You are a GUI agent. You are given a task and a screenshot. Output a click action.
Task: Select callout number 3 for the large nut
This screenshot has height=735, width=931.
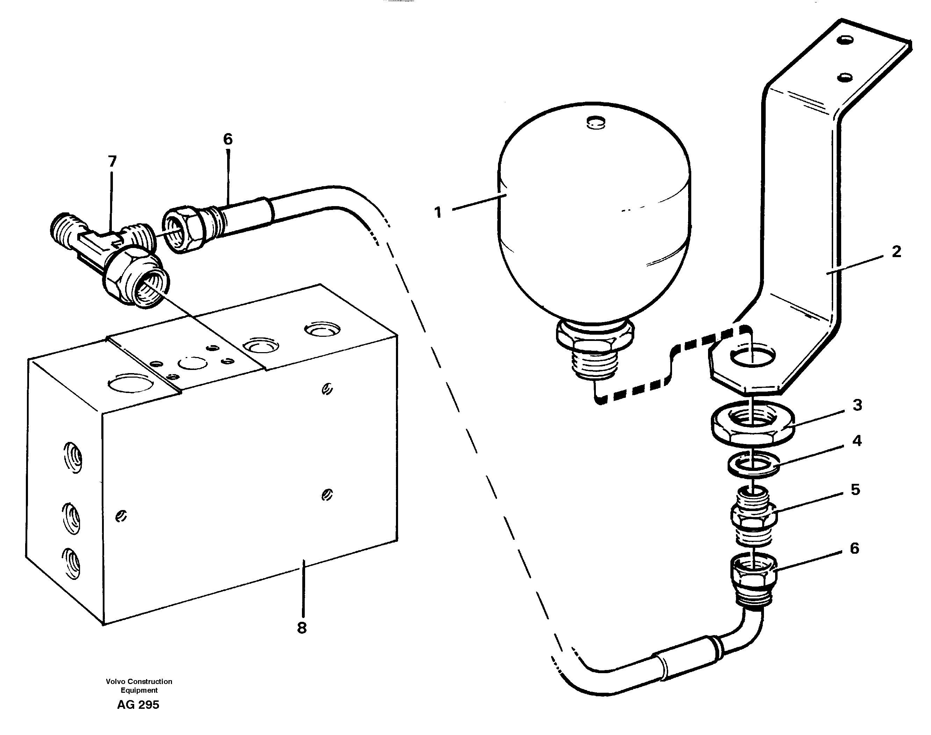(x=857, y=405)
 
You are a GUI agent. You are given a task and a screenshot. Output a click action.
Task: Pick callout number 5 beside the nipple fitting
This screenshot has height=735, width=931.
(x=855, y=490)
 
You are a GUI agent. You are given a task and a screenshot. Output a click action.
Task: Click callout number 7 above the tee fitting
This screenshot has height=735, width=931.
(x=112, y=161)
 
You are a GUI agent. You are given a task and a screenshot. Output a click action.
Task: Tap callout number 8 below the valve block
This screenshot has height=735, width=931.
(x=302, y=628)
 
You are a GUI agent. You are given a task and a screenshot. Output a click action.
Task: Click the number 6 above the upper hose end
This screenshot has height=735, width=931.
(x=228, y=139)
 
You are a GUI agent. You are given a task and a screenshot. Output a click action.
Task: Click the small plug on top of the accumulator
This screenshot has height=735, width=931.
(x=595, y=122)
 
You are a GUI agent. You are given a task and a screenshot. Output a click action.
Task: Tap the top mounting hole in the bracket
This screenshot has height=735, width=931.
(x=844, y=41)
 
